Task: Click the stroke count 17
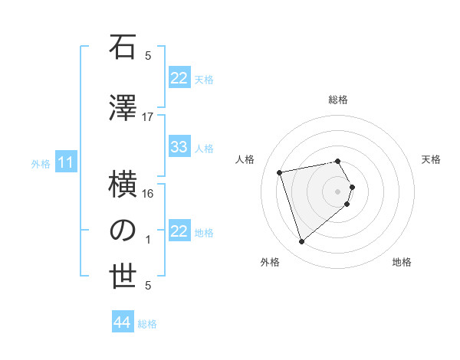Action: click(148, 116)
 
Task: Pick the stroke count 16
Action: click(148, 193)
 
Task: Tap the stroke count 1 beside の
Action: click(148, 239)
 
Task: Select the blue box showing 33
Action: click(179, 147)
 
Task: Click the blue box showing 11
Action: click(66, 162)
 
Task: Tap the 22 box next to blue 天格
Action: click(179, 78)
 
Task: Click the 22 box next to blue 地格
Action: click(179, 231)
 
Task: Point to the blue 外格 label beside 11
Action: click(41, 163)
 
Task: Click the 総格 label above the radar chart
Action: click(338, 100)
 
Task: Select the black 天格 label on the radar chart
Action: click(432, 159)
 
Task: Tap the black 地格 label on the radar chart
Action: click(402, 262)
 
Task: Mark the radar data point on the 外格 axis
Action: click(301, 242)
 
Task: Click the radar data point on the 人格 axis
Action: click(280, 172)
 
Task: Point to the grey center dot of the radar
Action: click(338, 191)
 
